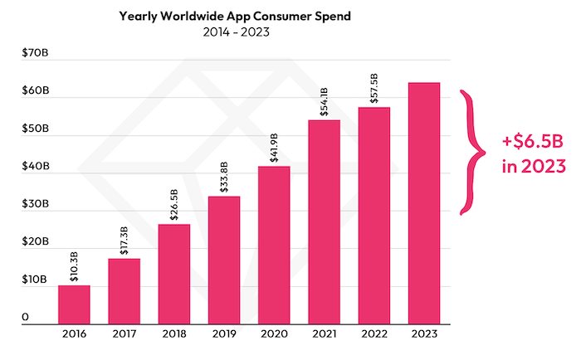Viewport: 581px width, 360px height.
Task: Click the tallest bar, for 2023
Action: (423, 202)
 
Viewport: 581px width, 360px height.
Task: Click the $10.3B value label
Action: (74, 269)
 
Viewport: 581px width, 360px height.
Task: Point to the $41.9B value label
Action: (273, 150)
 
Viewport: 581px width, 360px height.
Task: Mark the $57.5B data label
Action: (373, 90)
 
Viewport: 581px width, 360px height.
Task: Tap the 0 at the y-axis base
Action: (26, 318)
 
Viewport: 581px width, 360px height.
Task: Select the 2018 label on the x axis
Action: (173, 334)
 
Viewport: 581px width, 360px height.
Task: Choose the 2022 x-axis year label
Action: (373, 334)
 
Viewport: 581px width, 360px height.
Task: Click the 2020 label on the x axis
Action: (273, 334)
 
